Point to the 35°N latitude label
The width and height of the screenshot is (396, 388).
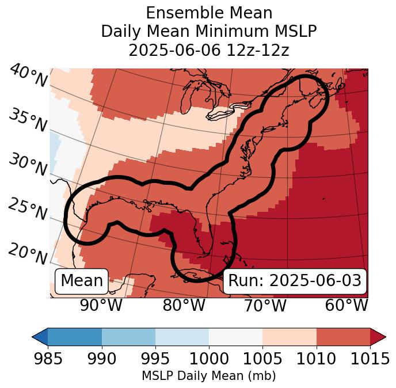point(28,120)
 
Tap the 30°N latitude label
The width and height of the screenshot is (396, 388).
point(28,165)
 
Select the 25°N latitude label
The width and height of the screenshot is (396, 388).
point(28,209)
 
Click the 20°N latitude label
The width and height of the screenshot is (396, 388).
point(28,253)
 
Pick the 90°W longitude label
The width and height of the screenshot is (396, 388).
point(101,306)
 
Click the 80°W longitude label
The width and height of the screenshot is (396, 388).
point(184,306)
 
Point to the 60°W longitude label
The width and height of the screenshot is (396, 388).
point(346,306)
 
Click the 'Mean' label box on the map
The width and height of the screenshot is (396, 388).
point(82,281)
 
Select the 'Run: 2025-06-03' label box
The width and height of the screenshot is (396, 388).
point(295,281)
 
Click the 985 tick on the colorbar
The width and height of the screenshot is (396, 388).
point(48,359)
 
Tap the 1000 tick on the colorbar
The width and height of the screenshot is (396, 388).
point(209,359)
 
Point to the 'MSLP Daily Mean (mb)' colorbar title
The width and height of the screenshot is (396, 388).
point(208,376)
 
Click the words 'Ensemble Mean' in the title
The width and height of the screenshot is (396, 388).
point(209,13)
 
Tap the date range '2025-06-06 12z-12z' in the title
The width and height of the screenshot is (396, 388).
point(209,50)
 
